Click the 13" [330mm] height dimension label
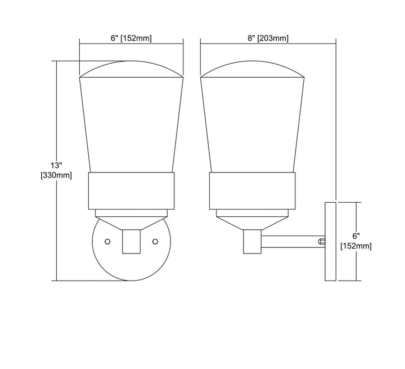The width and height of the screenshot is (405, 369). [56, 170]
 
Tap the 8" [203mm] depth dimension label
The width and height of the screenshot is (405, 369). [268, 38]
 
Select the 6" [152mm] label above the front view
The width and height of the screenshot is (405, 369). [131, 38]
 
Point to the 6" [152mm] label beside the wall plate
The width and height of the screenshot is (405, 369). [356, 241]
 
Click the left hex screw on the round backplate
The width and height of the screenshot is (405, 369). [107, 242]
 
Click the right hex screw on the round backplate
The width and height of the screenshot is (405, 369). [155, 242]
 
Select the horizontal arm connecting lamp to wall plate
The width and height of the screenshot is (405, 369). [293, 242]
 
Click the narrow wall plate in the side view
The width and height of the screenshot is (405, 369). [330, 242]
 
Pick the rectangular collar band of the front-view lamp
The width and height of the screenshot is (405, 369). [132, 191]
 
